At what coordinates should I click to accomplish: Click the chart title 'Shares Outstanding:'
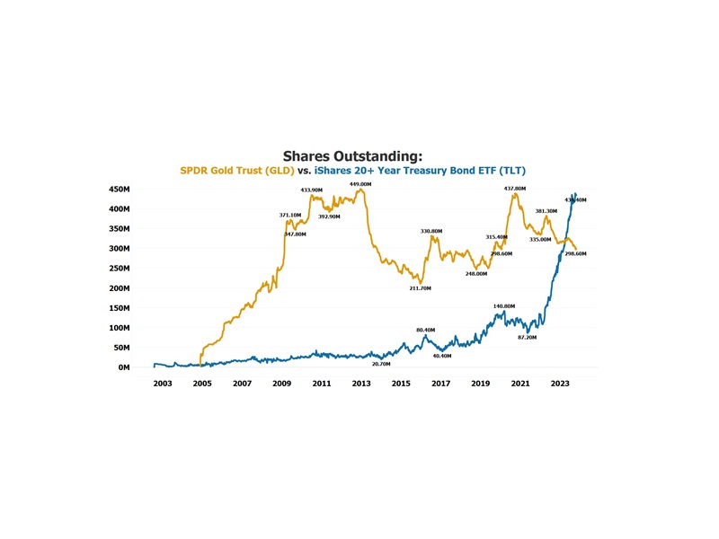point(352,155)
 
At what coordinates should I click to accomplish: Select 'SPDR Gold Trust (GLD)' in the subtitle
point(237,170)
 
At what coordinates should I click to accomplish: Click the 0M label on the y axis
point(125,367)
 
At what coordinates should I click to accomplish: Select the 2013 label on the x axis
point(361,384)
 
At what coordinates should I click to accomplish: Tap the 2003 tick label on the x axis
point(163,384)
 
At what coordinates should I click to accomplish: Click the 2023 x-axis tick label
point(559,384)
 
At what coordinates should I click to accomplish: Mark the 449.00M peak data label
point(360,184)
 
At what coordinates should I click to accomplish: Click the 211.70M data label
point(421,288)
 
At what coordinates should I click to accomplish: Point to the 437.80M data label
point(515,189)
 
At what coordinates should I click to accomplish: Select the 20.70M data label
point(382,364)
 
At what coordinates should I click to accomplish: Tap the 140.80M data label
point(504,306)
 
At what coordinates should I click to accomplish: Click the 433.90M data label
point(312,190)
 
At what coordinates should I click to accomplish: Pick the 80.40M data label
point(425,330)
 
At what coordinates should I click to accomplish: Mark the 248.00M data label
point(476,273)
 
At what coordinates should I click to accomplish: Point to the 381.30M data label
point(546,211)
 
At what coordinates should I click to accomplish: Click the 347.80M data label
point(295,234)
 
